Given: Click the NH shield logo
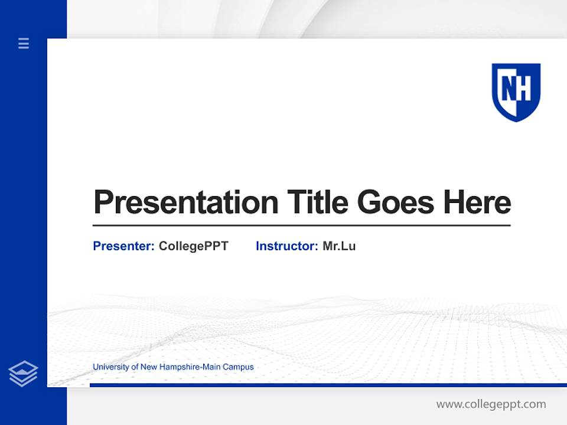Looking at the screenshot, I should point(516,92).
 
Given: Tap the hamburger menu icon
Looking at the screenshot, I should point(24,43).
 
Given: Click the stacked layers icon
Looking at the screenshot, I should point(23,374).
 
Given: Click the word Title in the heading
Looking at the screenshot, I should point(317,202).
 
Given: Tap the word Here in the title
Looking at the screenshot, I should point(477,202).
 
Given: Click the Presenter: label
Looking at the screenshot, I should point(124,246).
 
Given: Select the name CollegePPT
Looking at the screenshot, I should point(193,246).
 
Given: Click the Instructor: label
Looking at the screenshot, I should point(287,246).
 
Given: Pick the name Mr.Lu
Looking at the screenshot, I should point(339,246).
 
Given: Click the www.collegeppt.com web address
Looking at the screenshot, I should point(491,404).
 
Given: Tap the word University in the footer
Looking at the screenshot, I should point(110,367).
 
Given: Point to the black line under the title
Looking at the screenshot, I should point(301,225).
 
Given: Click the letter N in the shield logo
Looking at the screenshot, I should point(509,89).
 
